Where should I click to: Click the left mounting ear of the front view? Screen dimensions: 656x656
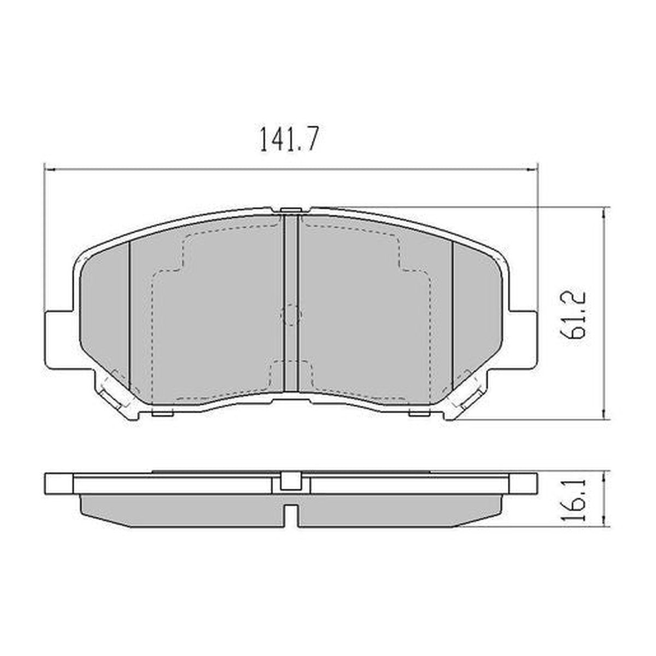(x=57, y=338)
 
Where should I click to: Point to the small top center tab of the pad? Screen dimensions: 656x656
(x=290, y=211)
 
